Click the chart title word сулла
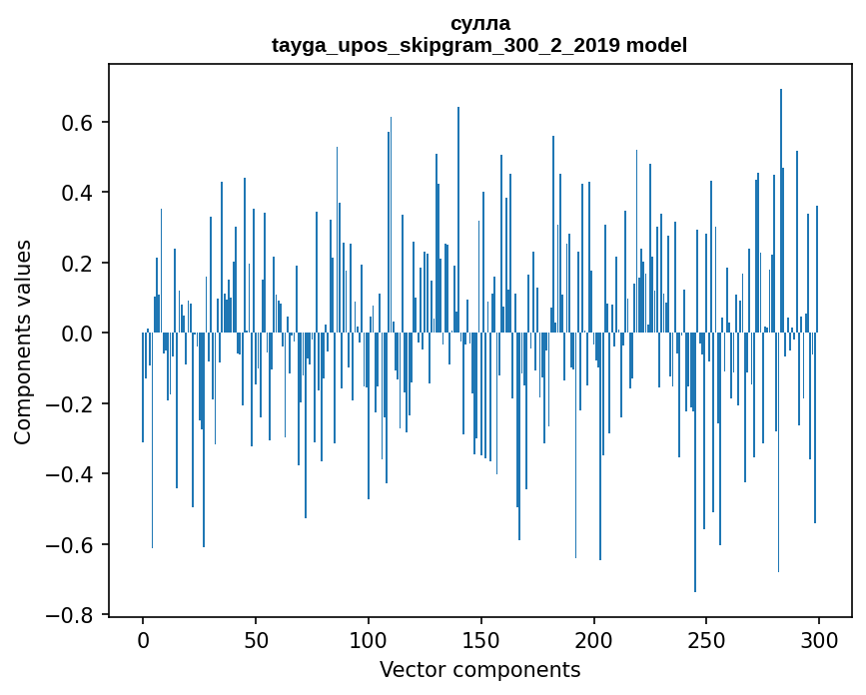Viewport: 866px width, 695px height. pos(479,24)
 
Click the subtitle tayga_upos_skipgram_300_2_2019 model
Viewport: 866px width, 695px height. pos(479,45)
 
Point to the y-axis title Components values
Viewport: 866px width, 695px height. pos(23,342)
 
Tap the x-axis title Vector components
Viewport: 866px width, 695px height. pos(479,669)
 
